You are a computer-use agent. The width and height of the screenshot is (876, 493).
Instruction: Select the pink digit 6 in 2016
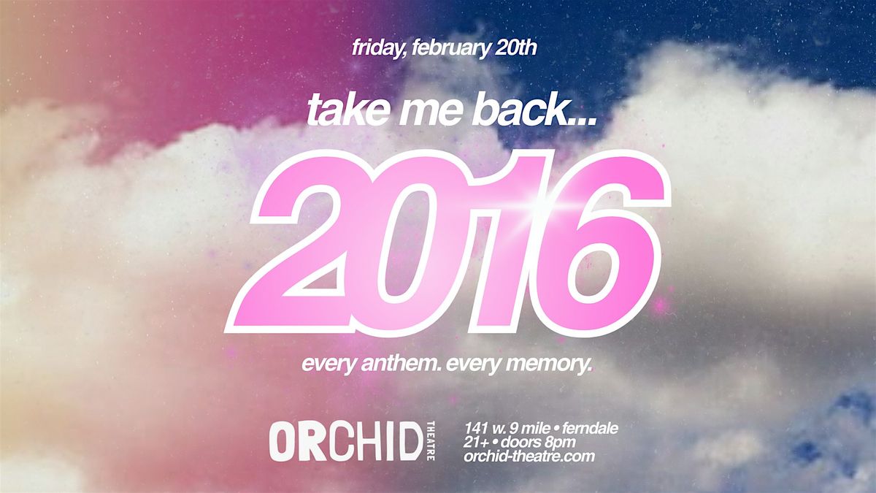[599, 242]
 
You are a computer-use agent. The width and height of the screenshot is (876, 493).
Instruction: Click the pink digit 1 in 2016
[508, 242]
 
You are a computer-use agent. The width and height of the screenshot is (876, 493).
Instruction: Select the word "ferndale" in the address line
[591, 429]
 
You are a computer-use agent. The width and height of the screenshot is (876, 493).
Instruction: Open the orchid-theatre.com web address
[529, 456]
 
